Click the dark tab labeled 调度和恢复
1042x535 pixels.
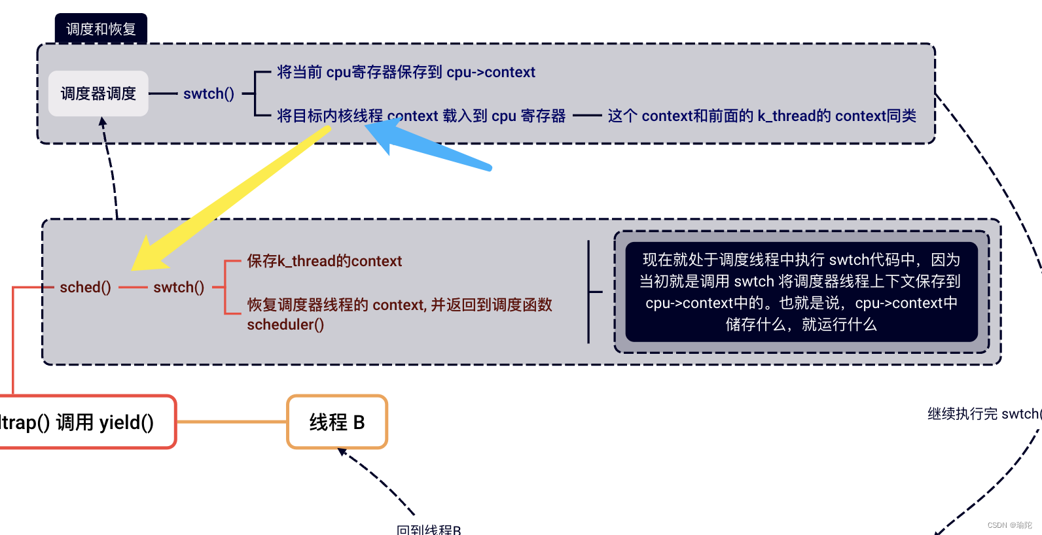point(101,29)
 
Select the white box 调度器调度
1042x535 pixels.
point(98,94)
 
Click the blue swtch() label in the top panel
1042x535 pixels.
point(208,94)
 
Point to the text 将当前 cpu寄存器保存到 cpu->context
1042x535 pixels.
point(406,72)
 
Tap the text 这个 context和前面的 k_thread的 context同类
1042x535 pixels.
point(761,116)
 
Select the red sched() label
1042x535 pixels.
point(85,287)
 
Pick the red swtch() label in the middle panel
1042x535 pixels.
point(179,287)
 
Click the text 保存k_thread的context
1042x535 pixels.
point(324,261)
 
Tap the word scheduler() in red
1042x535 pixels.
point(285,324)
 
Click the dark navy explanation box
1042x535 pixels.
point(801,292)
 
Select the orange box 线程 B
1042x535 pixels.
point(337,422)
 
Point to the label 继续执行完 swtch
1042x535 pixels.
point(982,413)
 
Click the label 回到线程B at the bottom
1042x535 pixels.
point(429,529)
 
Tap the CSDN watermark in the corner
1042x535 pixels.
point(1009,525)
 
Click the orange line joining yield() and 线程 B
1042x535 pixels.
point(232,422)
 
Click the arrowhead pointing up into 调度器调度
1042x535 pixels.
point(103,122)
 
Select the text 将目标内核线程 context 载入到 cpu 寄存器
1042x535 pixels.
point(421,116)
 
